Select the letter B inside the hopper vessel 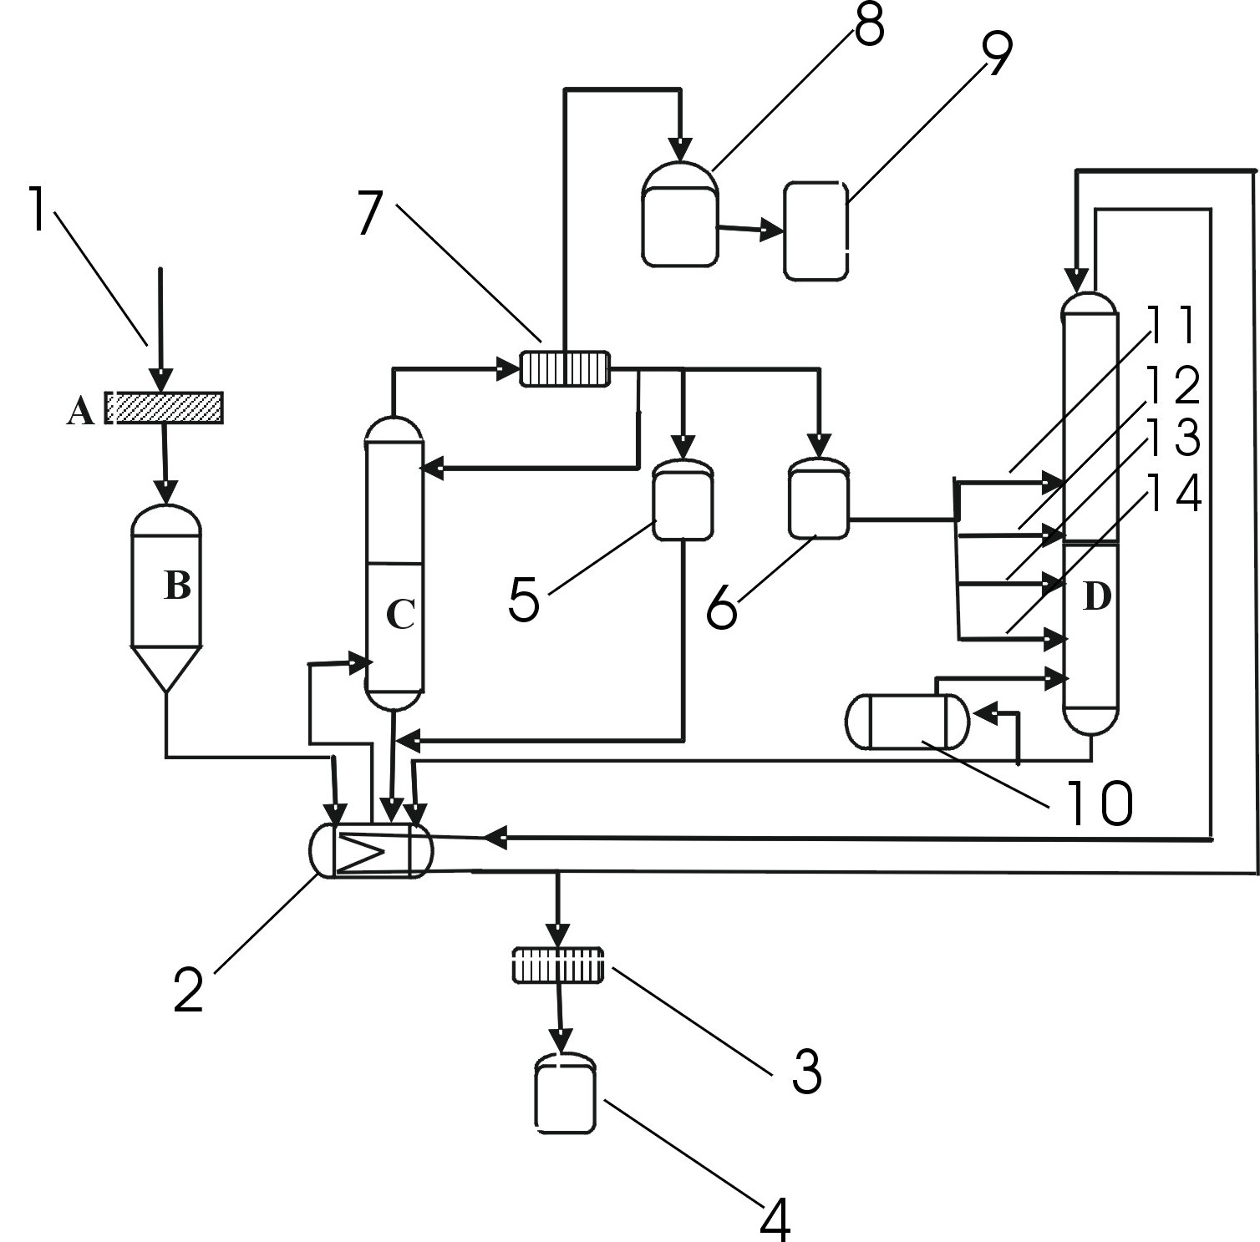pyautogui.click(x=177, y=586)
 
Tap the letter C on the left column pyautogui.click(x=400, y=615)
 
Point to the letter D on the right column pyautogui.click(x=1096, y=596)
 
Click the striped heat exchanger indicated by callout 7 pyautogui.click(x=566, y=368)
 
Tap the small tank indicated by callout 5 pyautogui.click(x=683, y=500)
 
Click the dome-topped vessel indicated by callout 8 pyautogui.click(x=680, y=215)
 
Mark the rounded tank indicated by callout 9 pyautogui.click(x=815, y=229)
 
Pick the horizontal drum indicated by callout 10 pyautogui.click(x=907, y=722)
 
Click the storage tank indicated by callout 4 pyautogui.click(x=565, y=1092)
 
